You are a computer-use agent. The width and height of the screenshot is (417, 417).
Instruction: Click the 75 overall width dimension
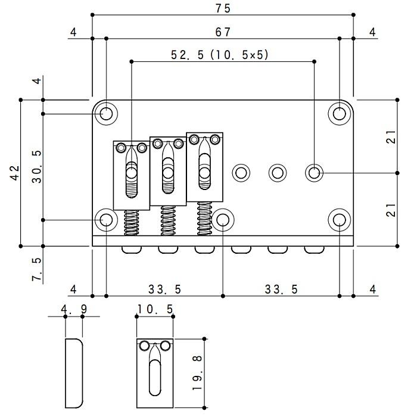(223, 8)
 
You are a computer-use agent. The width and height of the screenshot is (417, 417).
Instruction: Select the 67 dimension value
(223, 32)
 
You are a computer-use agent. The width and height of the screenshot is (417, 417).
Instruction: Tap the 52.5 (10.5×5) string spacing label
(220, 55)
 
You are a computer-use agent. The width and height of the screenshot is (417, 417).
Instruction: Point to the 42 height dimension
(15, 173)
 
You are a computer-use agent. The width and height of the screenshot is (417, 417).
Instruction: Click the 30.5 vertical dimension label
(37, 167)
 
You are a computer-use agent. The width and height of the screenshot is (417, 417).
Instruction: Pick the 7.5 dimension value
(37, 269)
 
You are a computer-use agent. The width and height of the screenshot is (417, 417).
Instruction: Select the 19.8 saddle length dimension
(197, 373)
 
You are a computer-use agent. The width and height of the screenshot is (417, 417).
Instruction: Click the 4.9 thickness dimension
(74, 309)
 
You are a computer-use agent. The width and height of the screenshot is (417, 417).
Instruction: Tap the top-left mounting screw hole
(107, 114)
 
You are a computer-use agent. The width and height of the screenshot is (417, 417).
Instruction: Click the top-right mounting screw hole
(340, 114)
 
